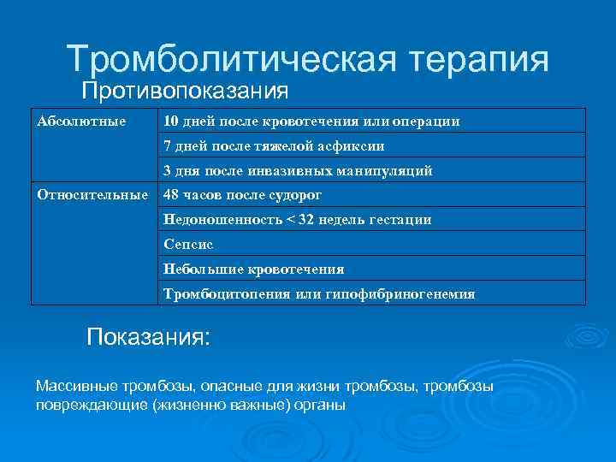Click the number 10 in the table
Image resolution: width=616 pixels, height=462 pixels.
(x=171, y=121)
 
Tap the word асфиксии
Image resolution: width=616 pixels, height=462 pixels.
(x=352, y=145)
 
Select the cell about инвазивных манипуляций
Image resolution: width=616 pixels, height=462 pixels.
(x=298, y=170)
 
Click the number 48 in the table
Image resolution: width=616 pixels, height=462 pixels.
(x=172, y=195)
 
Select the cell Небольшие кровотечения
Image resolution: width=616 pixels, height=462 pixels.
(x=253, y=269)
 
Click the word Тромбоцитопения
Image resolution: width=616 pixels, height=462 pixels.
(x=225, y=293)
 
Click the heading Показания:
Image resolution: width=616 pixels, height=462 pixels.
(x=148, y=336)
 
